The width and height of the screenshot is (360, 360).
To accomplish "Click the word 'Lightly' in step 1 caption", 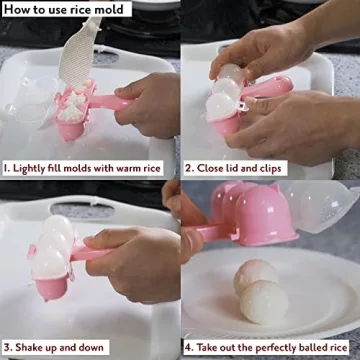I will coord(32,169).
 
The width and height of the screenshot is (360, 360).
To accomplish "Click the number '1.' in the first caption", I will coord(8,169).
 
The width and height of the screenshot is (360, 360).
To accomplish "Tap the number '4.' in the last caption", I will coord(188,349).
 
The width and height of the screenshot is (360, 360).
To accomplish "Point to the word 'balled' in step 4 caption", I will coord(305,349).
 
